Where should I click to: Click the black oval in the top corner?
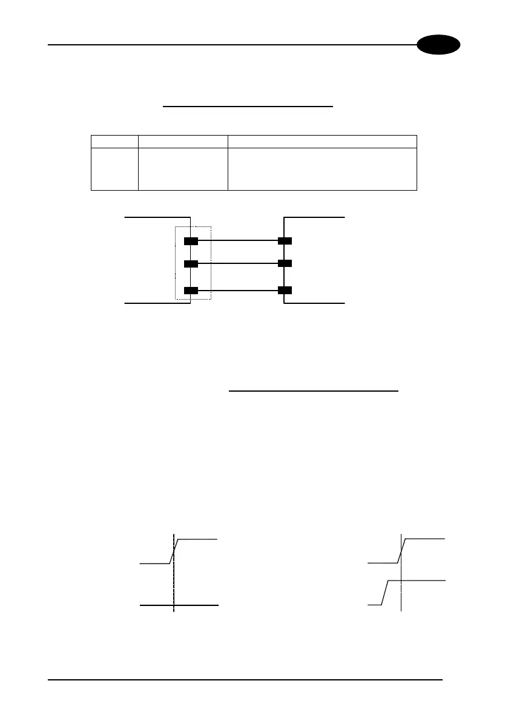(x=438, y=45)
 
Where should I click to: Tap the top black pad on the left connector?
(x=191, y=241)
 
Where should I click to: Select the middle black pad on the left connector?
(x=191, y=264)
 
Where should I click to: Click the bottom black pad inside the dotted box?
(x=191, y=291)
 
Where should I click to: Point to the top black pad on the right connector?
(x=284, y=241)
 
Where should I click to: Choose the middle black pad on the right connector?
(x=284, y=264)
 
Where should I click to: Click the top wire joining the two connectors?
(x=237, y=241)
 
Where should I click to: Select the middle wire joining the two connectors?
(x=237, y=264)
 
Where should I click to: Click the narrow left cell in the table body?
(x=114, y=169)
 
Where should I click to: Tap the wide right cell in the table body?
(x=322, y=169)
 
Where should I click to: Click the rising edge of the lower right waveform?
(x=384, y=593)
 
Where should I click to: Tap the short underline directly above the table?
(x=248, y=107)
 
